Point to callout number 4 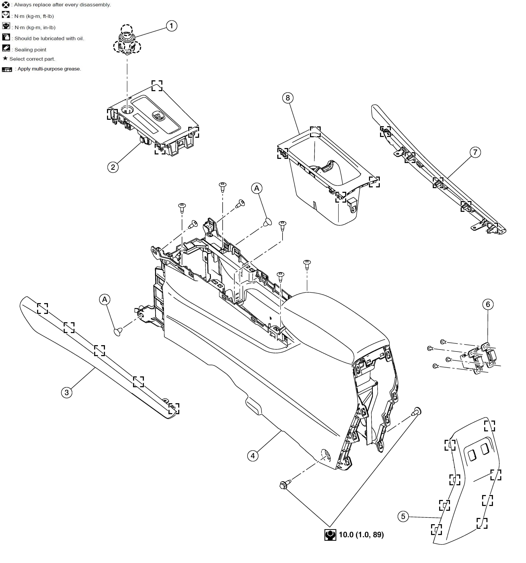(x=253, y=456)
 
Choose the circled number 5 (x=403, y=516)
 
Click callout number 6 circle (x=488, y=304)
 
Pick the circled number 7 (x=475, y=152)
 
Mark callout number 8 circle (x=288, y=98)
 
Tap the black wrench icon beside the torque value (x=330, y=535)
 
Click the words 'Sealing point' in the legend (x=30, y=50)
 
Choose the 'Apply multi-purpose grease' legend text (x=49, y=69)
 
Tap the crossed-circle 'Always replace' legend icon (x=6, y=5)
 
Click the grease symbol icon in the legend (x=7, y=69)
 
